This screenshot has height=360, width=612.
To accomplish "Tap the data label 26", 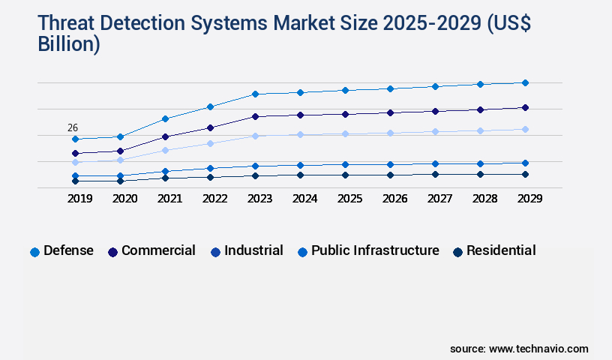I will pyautogui.click(x=73, y=127).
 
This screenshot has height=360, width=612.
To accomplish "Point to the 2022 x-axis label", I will pyautogui.click(x=214, y=199).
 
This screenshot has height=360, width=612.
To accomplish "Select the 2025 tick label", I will pyautogui.click(x=349, y=199).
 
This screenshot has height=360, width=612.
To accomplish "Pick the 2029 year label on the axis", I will pyautogui.click(x=529, y=199).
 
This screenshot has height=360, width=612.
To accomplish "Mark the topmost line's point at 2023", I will pyautogui.click(x=255, y=94).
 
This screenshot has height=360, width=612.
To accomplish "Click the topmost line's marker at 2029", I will pyautogui.click(x=525, y=82).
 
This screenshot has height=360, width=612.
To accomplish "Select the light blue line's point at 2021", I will pyautogui.click(x=165, y=150).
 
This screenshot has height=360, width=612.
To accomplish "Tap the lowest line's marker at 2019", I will pyautogui.click(x=75, y=181).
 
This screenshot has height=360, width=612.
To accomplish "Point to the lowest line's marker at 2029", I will pyautogui.click(x=525, y=174).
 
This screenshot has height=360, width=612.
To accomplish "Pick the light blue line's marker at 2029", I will pyautogui.click(x=525, y=129).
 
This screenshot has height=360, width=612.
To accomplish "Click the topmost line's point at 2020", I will pyautogui.click(x=120, y=136).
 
